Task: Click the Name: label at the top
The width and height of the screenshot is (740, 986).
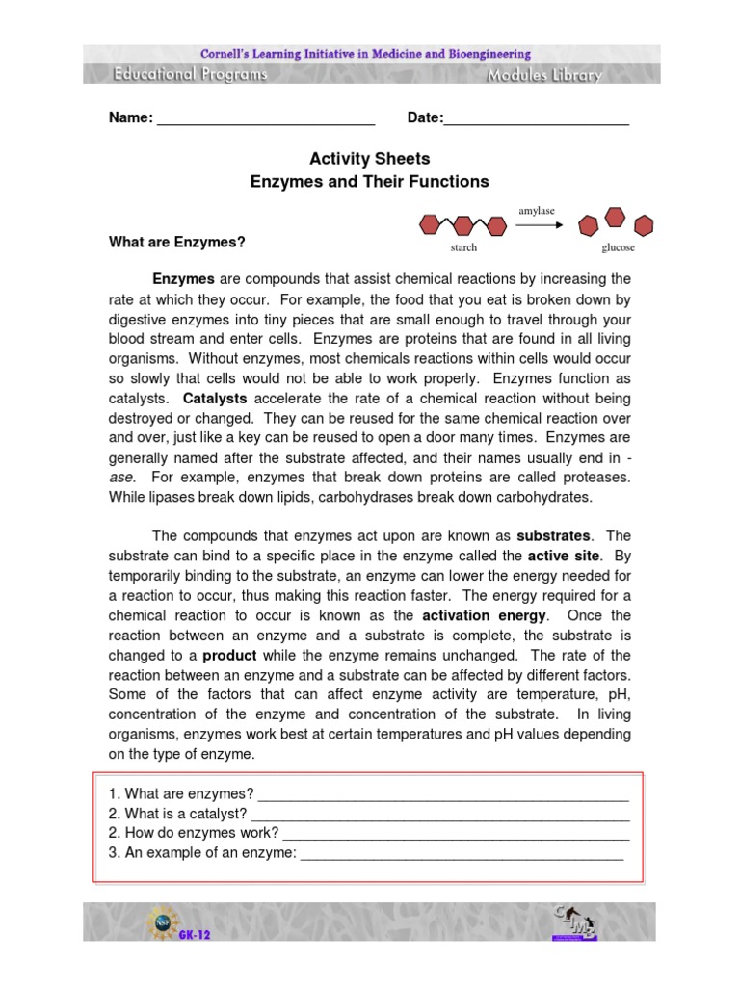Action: point(130,118)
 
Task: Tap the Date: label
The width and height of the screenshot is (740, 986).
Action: point(425,118)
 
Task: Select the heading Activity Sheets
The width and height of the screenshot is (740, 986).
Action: point(369,159)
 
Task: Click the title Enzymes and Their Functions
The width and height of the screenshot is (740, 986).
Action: point(369,181)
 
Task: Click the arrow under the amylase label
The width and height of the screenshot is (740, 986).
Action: point(539,225)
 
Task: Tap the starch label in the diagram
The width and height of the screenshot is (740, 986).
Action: point(463,248)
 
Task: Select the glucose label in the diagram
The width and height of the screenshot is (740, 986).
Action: point(618,248)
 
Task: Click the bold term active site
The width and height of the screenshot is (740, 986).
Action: point(564,556)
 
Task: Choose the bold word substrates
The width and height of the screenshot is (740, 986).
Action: point(555,535)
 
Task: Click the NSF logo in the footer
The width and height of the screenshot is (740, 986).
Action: point(160,921)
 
